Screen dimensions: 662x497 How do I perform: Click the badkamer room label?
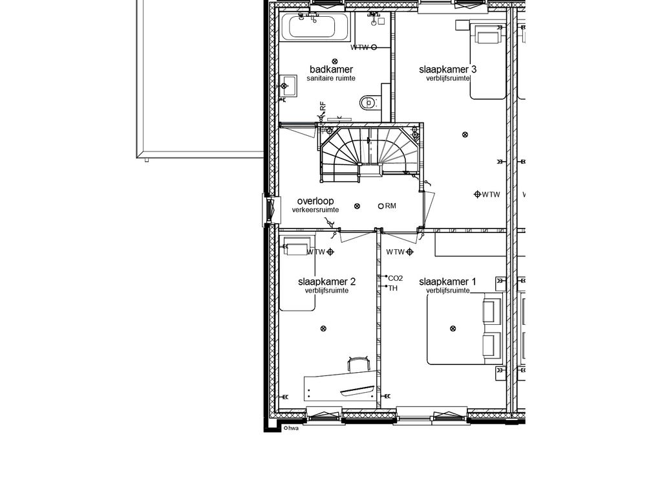[331, 69]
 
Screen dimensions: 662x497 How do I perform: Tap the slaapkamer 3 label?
[447, 69]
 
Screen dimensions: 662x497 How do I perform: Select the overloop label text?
[315, 201]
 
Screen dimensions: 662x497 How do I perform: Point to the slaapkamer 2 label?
[326, 282]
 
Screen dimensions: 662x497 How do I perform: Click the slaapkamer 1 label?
[447, 282]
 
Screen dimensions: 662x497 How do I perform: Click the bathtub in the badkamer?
[315, 27]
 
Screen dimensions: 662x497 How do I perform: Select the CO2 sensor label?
[395, 278]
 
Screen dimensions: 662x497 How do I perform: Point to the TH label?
[392, 288]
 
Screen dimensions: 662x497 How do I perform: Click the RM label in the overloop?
[390, 206]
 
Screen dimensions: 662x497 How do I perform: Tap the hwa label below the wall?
[294, 428]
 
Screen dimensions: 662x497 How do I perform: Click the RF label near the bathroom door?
[323, 106]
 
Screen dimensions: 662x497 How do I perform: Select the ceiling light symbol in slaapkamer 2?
[323, 328]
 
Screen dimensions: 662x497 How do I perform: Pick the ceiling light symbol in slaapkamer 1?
[453, 328]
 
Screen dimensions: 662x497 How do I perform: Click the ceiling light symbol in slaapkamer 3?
[465, 135]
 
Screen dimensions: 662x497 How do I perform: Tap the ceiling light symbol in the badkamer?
[336, 61]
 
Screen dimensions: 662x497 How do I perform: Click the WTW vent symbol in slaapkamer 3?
[478, 194]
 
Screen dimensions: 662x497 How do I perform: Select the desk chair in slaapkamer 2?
[358, 364]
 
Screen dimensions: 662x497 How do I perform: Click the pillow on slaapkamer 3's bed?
[487, 35]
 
